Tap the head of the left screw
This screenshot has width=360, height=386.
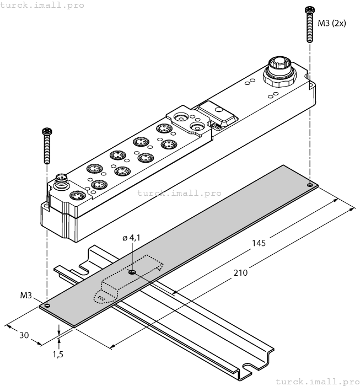47,131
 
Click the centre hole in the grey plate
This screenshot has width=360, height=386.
132,272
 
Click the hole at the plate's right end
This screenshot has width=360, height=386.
310,185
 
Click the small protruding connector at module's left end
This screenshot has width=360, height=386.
61,180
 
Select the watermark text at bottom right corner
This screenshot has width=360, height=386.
316,381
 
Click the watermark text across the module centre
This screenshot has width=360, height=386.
179,193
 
